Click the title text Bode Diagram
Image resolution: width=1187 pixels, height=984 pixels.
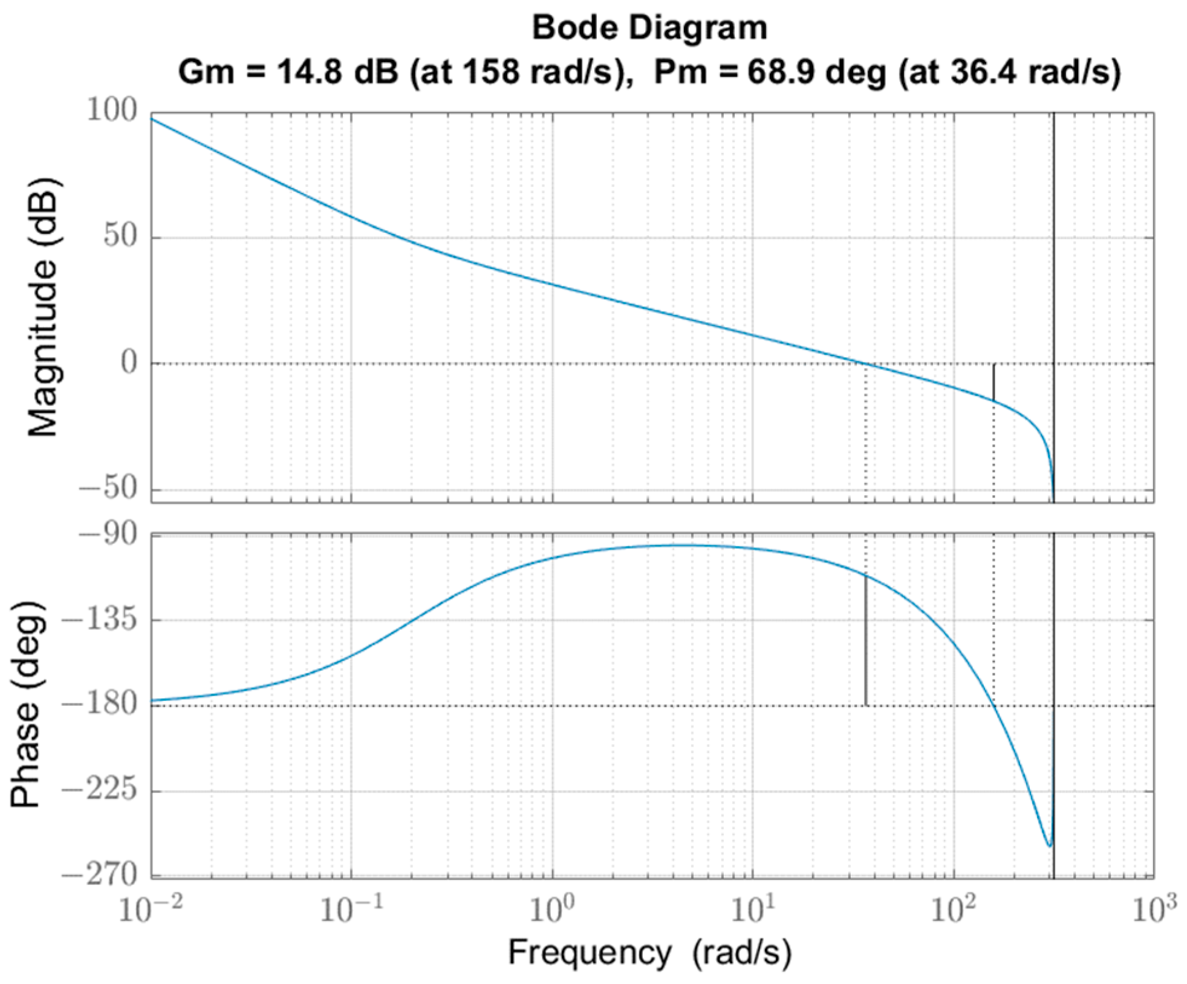pyautogui.click(x=649, y=28)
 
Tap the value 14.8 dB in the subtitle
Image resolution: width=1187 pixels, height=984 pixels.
pyautogui.click(x=337, y=73)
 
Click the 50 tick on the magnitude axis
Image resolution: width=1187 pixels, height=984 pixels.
pyautogui.click(x=120, y=236)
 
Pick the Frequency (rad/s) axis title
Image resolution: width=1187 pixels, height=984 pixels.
pyautogui.click(x=649, y=953)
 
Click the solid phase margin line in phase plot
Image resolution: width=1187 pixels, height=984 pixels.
pyautogui.click(x=865, y=641)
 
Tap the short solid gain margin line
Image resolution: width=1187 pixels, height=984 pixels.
pyautogui.click(x=993, y=382)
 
